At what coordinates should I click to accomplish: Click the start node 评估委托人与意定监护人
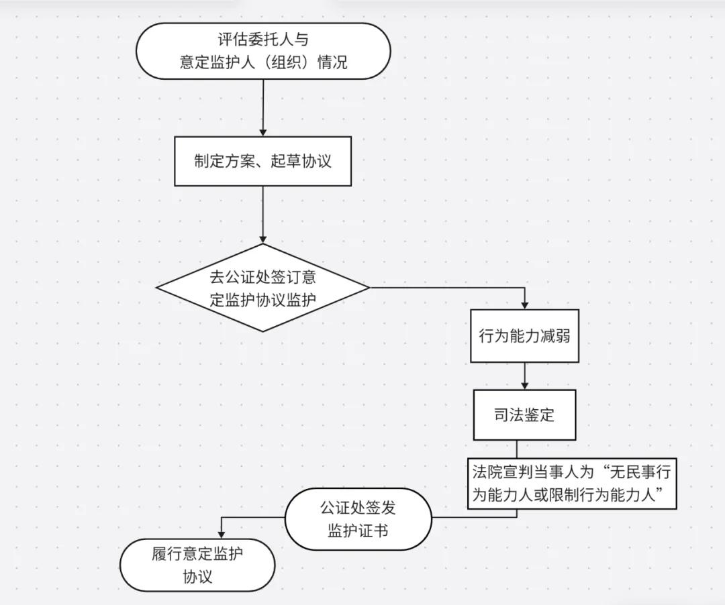tap(263, 51)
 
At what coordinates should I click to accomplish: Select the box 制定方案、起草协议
tap(263, 162)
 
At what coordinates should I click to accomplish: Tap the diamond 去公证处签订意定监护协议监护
tap(263, 288)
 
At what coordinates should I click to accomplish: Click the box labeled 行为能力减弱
tap(524, 335)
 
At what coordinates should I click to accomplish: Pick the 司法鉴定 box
tap(524, 415)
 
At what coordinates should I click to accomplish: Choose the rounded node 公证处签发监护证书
tap(358, 519)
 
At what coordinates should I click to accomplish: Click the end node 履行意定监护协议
tap(197, 565)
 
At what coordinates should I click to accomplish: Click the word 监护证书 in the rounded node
tap(358, 531)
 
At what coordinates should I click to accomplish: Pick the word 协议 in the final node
tap(197, 577)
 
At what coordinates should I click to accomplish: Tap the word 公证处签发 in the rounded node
tap(358, 508)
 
